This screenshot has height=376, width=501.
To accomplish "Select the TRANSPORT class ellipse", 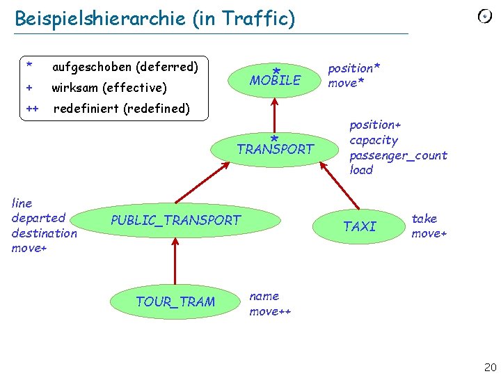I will pos(276,148).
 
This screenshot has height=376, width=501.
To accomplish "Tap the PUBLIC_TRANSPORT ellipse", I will pos(175,221).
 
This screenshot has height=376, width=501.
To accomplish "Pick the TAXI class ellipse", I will pos(360,226).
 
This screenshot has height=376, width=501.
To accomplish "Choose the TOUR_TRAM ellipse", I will pos(175,301).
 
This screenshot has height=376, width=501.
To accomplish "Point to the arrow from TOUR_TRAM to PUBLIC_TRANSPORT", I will pos(175,261).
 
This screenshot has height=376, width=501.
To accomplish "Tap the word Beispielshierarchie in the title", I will pos(102,19).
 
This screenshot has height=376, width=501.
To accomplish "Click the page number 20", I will pos(490,367).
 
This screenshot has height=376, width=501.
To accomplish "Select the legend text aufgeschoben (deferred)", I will pos(125,67).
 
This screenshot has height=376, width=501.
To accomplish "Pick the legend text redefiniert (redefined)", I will pos(121,108).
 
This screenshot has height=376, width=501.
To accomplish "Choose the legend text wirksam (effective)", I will pos(109,88).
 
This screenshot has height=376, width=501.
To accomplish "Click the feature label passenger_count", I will pos(398,155).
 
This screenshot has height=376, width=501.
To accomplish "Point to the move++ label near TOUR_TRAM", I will pos(270,311).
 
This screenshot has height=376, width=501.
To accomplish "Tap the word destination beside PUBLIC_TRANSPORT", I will pos(45,233).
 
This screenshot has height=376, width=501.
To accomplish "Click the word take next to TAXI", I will pos(424,219).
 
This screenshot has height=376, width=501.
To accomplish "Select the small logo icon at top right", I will pos(484,17).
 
